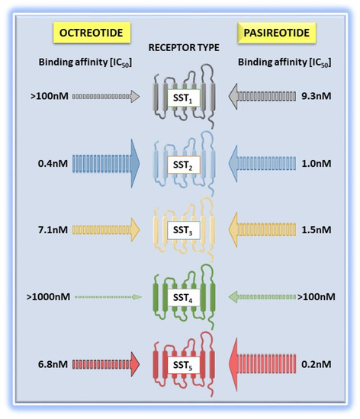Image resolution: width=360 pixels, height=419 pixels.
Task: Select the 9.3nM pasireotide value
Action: [x=316, y=97]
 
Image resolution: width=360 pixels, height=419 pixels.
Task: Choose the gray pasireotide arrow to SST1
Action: [x=263, y=97]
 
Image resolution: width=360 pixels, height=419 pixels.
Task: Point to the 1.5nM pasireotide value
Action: [x=316, y=229]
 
